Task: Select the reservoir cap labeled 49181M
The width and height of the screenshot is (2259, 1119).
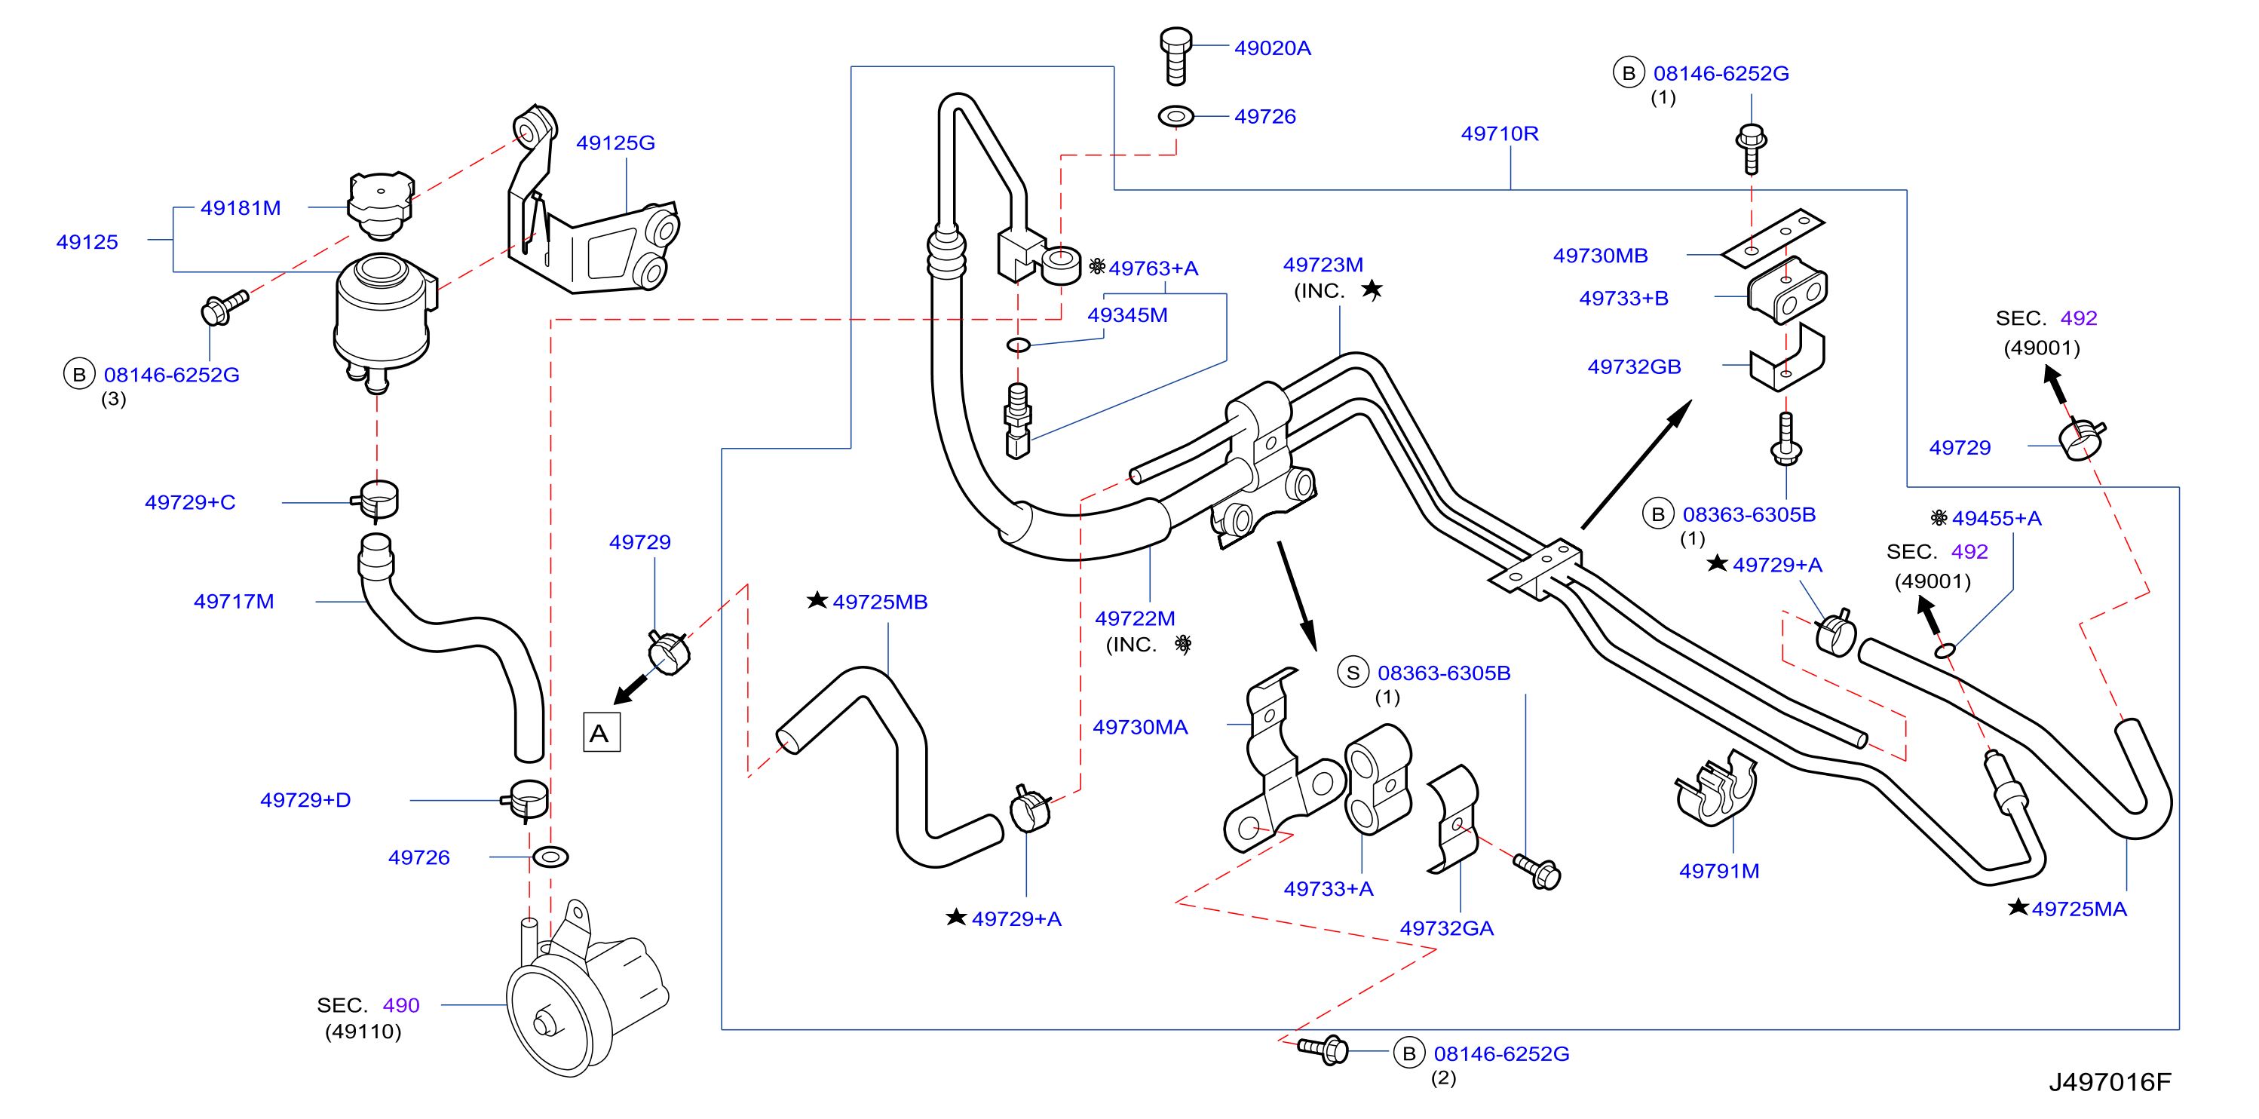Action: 381,205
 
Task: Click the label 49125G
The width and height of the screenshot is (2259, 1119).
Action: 615,143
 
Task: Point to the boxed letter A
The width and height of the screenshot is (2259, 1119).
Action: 602,732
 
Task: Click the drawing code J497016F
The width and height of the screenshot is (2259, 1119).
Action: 2110,1081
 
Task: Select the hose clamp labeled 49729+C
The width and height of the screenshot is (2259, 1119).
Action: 377,501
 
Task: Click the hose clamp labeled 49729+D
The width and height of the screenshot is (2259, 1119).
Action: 526,800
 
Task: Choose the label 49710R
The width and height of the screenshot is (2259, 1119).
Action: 1500,133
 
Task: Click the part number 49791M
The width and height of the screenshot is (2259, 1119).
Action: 1719,871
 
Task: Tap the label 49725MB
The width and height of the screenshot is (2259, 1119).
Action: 880,602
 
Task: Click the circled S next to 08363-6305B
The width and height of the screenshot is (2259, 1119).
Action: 1353,673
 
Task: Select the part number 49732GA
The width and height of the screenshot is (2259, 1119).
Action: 1447,927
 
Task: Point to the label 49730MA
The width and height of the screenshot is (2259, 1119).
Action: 1140,727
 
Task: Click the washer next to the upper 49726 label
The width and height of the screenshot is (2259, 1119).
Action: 1176,116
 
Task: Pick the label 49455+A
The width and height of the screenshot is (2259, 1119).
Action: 1997,518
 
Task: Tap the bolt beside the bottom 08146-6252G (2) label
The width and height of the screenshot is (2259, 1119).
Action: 1323,1049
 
